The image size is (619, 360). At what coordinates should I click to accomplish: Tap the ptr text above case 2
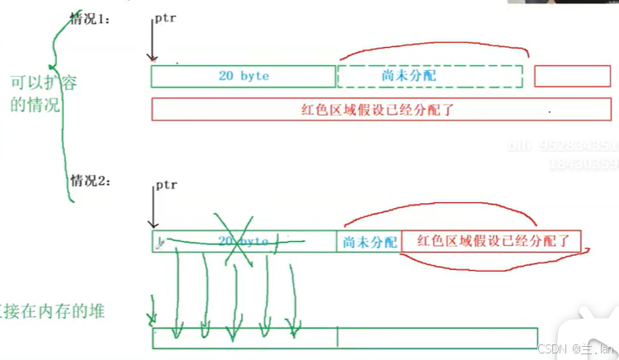coord(166,186)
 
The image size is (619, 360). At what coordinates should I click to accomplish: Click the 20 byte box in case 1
coord(243,76)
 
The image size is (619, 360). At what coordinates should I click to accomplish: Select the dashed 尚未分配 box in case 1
coord(429,76)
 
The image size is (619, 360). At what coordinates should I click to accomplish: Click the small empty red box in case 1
coord(571,76)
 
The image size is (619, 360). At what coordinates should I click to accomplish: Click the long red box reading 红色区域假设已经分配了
coord(380,108)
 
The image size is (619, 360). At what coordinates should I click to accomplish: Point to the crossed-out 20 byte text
coord(243,240)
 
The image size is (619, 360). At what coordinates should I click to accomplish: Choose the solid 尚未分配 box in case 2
coord(369,241)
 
